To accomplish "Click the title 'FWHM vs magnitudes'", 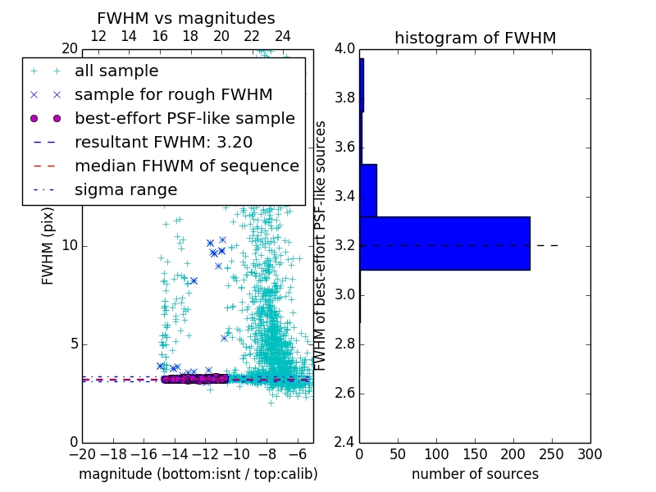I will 186,18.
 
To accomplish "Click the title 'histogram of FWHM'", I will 475,38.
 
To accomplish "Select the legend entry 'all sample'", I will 116,71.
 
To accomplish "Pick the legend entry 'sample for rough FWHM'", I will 173,95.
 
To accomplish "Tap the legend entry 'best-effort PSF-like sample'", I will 184,119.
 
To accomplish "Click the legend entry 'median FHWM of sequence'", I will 186,166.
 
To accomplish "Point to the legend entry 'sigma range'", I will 125,190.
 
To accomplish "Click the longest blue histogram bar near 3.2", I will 444,243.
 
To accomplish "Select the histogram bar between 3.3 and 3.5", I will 368,190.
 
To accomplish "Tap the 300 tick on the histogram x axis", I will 590,453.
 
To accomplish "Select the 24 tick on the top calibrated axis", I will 283,37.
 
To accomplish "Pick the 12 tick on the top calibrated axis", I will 98,37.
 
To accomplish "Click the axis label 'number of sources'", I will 475,474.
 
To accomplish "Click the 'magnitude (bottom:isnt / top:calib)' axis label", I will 198,474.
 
